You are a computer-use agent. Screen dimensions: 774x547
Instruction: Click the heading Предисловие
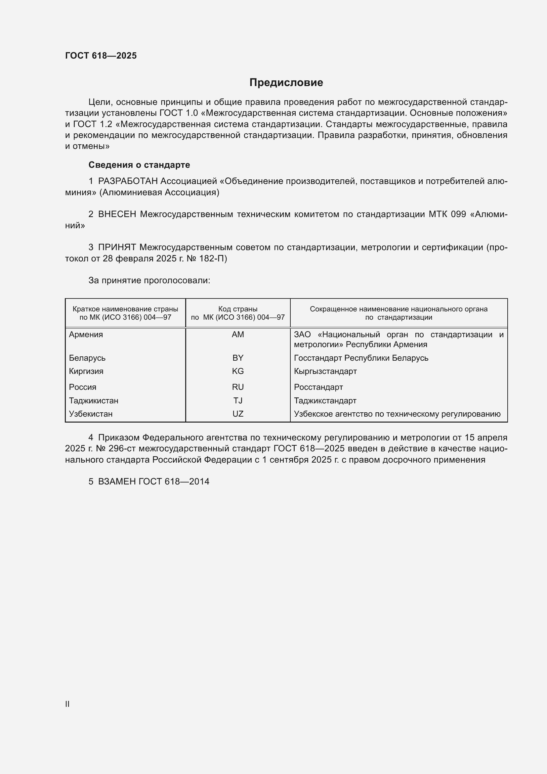[x=286, y=83]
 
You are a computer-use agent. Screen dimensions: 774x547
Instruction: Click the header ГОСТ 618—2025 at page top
[x=101, y=56]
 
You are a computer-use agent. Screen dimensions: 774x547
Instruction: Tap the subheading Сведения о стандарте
[x=139, y=165]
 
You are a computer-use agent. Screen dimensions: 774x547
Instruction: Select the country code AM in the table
[x=238, y=335]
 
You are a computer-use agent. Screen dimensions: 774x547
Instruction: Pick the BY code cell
[x=238, y=358]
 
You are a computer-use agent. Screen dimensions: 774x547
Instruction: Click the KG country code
[x=238, y=371]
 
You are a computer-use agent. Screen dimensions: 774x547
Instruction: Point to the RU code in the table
[x=238, y=387]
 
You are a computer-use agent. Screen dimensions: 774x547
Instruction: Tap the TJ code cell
[x=238, y=400]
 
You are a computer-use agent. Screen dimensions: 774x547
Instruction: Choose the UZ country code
[x=238, y=414]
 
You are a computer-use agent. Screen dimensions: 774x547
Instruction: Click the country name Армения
[x=86, y=335]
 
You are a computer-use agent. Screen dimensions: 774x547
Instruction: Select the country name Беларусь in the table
[x=87, y=358]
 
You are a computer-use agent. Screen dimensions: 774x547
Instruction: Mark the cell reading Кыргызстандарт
[x=325, y=371]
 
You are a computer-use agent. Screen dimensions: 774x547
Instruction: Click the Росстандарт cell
[x=318, y=387]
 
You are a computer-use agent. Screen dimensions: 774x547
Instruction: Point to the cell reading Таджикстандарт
[x=325, y=400]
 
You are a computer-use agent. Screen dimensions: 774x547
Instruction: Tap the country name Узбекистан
[x=91, y=414]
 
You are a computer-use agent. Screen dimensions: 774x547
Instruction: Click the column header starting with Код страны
[x=238, y=313]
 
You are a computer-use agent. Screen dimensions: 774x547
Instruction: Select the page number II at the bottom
[x=67, y=704]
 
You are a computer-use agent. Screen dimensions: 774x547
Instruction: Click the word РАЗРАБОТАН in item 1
[x=128, y=181]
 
